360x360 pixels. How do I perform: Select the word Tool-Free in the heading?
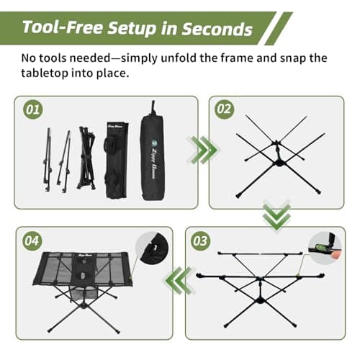pyautogui.click(x=59, y=29)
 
